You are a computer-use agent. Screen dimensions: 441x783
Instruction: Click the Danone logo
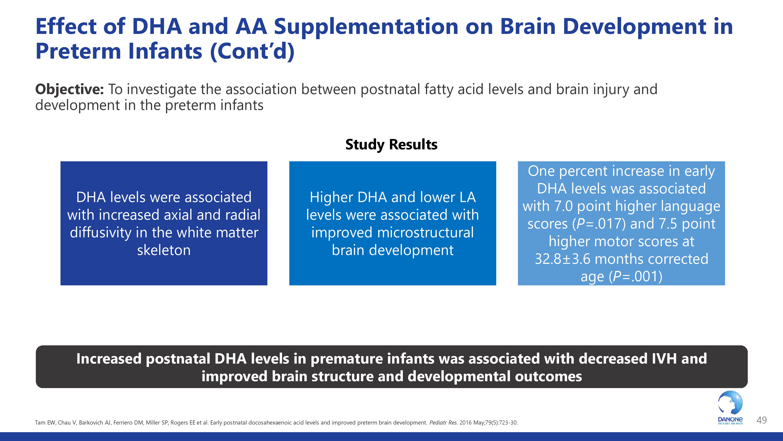pos(730,408)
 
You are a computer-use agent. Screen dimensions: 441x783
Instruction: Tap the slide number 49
pos(761,420)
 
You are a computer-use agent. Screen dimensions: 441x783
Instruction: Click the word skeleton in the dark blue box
pos(164,250)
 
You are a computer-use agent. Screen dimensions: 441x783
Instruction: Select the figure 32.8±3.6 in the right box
pos(562,259)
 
